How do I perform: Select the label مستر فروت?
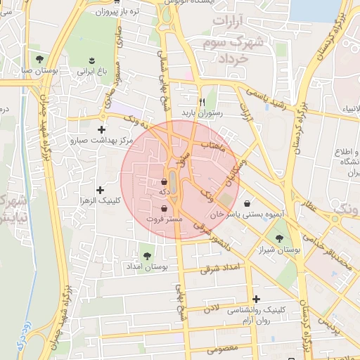pos(165,219)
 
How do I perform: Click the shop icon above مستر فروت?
pos(165,208)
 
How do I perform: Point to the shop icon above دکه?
pos(164,181)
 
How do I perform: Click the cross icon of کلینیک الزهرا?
pos(101,190)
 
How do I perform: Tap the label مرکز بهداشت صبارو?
pos(101,141)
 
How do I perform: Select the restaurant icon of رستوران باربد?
pos(202,101)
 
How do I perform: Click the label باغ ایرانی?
pos(91,71)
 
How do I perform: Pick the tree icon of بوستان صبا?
pos(39,58)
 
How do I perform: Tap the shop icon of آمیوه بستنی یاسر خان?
pos(246,203)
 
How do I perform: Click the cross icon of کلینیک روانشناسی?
pos(256,300)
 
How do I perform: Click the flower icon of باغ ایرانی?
pos(91,59)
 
